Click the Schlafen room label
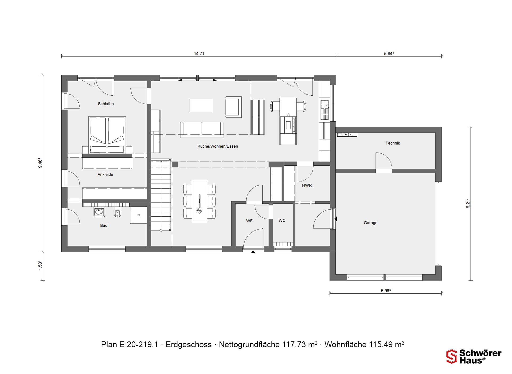pyautogui.click(x=106, y=104)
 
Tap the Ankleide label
pyautogui.click(x=105, y=174)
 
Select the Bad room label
pyautogui.click(x=104, y=225)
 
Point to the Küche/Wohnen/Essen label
pyautogui.click(x=218, y=146)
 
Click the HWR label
pyautogui.click(x=307, y=185)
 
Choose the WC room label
pyautogui.click(x=282, y=220)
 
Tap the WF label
pyautogui.click(x=249, y=221)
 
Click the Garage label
pyautogui.click(x=371, y=223)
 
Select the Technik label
pyautogui.click(x=393, y=143)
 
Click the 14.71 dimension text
pyautogui.click(x=199, y=53)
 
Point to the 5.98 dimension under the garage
pyautogui.click(x=386, y=291)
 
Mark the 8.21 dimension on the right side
pyautogui.click(x=468, y=203)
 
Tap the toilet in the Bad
pyautogui.click(x=117, y=213)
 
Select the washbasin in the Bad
pyautogui.click(x=99, y=212)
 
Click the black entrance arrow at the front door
pyautogui.click(x=253, y=252)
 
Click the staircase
pyautogui.click(x=161, y=195)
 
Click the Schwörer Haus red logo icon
pyautogui.click(x=451, y=356)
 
